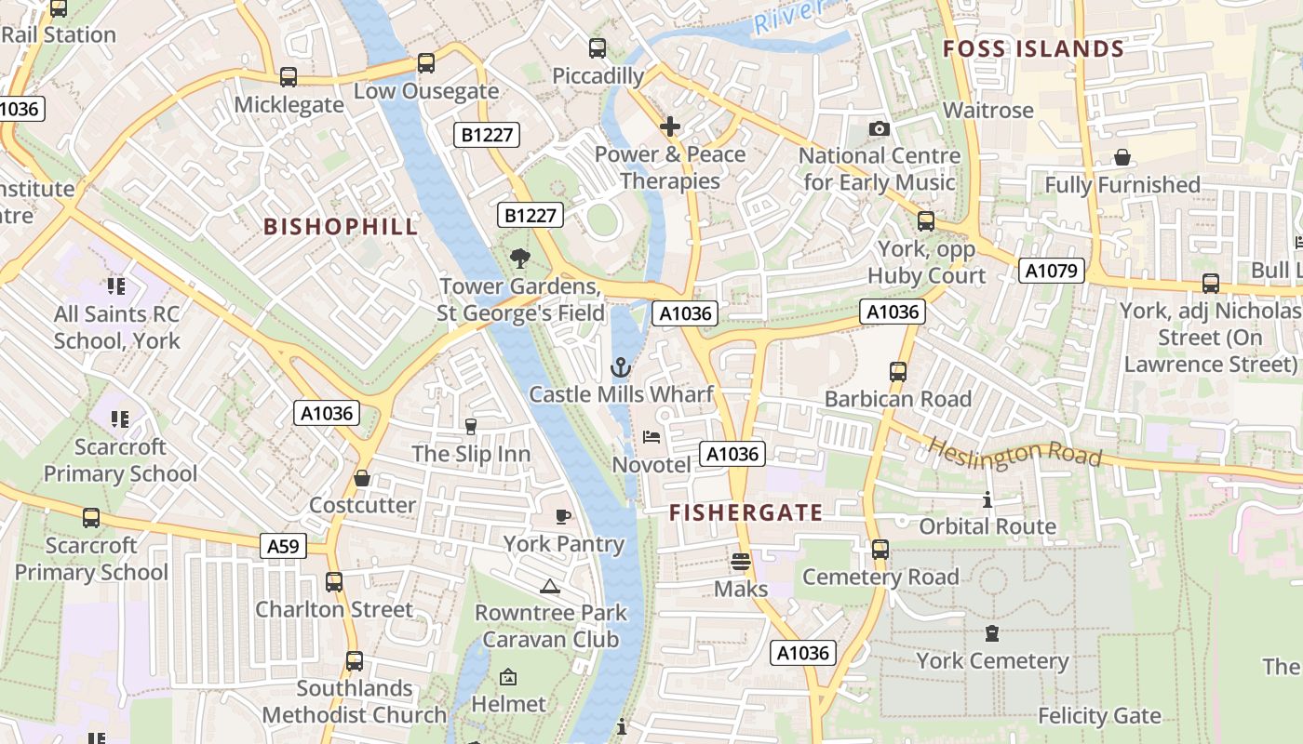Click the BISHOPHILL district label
point(341,227)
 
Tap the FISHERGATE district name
point(746,512)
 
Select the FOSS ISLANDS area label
point(1033,49)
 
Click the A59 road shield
point(283,546)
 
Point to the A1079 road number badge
point(1052,271)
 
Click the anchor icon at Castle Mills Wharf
point(621,367)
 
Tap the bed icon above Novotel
point(651,437)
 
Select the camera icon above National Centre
point(879,128)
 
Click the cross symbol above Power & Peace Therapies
point(670,126)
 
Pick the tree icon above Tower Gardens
point(519,259)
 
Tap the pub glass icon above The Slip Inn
point(470,427)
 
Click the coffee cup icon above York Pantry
point(562,516)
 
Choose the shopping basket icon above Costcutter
point(362,478)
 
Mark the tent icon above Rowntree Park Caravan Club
point(550,586)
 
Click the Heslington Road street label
point(1014,453)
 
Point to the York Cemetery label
point(992,661)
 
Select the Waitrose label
point(987,110)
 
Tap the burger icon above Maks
point(741,561)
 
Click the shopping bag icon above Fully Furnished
point(1122,157)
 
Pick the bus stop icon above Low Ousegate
point(425,63)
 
